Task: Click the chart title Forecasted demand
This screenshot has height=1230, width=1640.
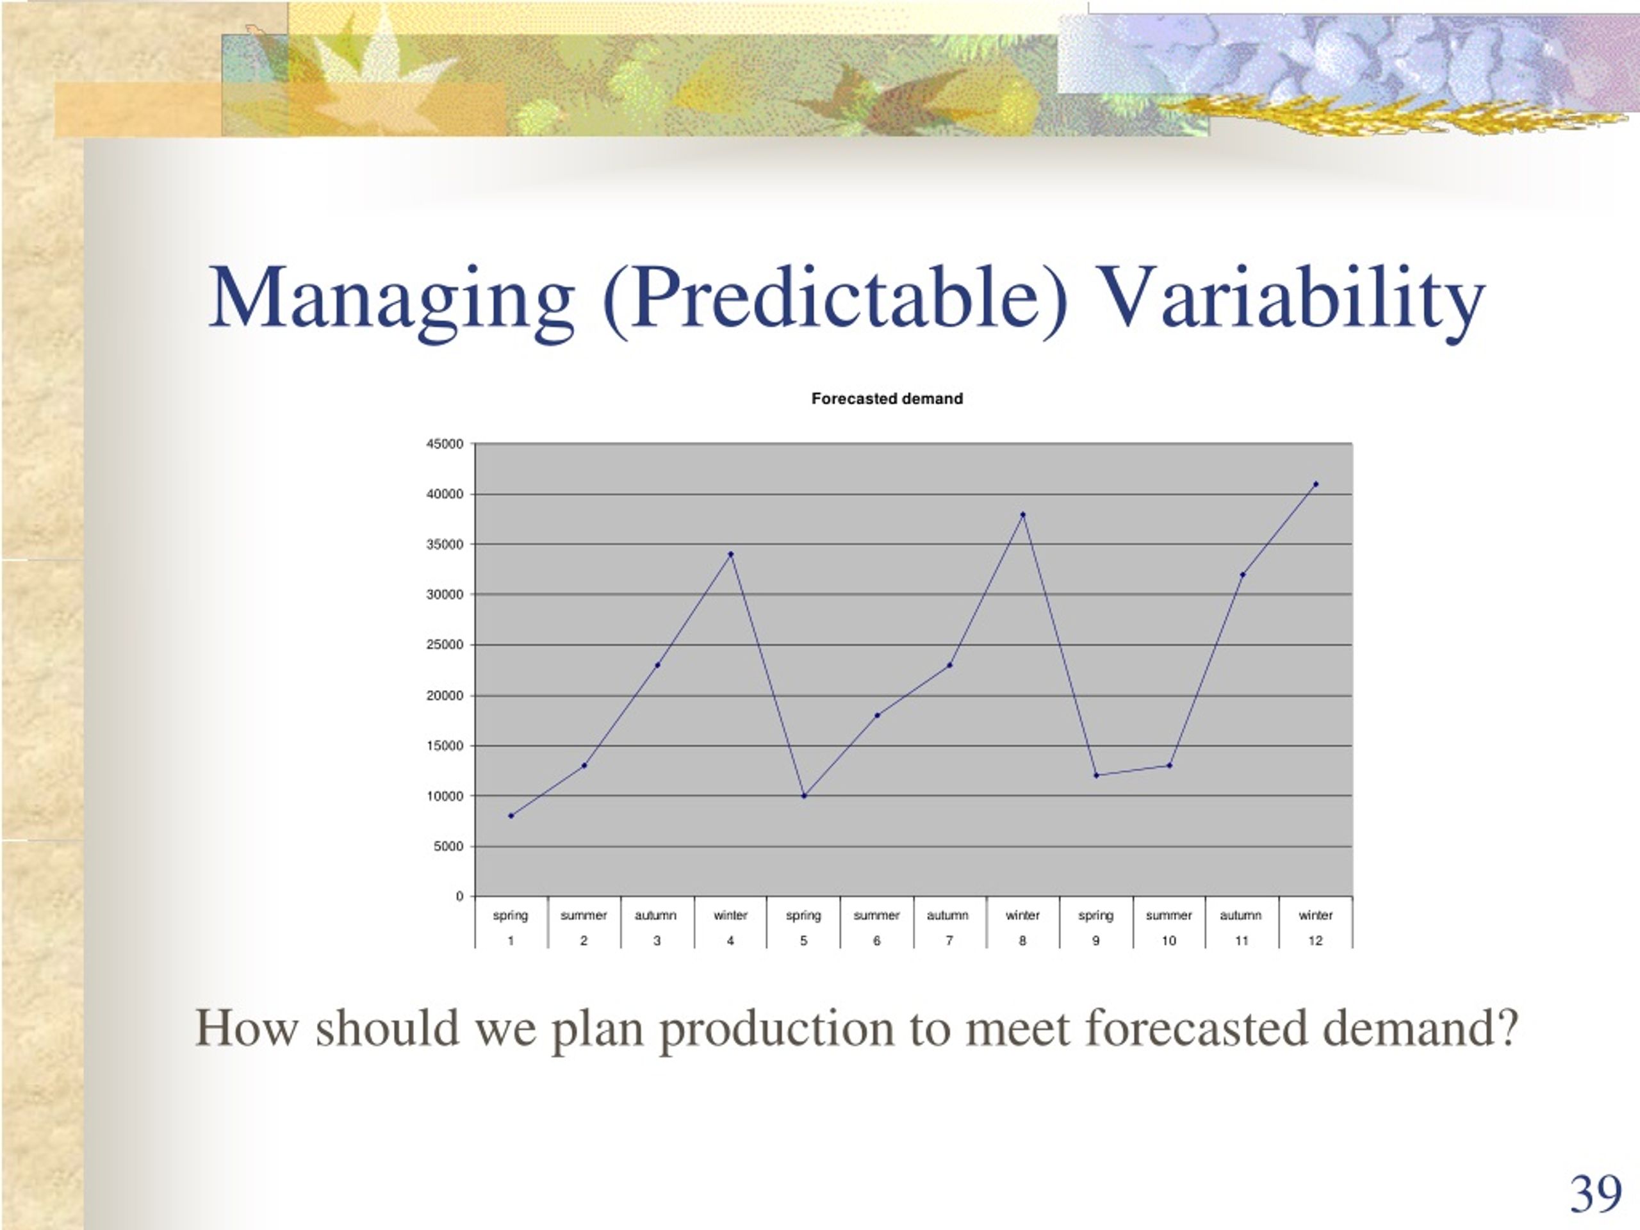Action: [887, 399]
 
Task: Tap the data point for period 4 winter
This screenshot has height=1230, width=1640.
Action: [730, 554]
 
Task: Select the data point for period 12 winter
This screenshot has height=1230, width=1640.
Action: [1315, 484]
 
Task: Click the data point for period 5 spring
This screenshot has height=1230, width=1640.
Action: [804, 796]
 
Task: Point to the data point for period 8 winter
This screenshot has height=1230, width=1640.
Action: [1022, 514]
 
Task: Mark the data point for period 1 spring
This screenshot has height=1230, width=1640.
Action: [511, 816]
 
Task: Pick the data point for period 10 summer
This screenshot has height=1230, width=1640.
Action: [1169, 765]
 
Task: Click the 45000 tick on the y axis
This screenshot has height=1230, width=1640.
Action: [445, 444]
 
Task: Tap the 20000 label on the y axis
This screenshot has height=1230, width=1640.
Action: [445, 696]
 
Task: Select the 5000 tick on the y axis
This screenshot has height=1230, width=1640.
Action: [448, 846]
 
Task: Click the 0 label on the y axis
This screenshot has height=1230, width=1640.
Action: [459, 896]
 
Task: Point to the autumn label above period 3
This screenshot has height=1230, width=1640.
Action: [655, 915]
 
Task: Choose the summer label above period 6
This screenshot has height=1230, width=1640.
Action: [876, 915]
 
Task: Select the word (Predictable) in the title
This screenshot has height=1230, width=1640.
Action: [835, 299]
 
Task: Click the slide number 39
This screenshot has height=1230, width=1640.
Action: [1596, 1194]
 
